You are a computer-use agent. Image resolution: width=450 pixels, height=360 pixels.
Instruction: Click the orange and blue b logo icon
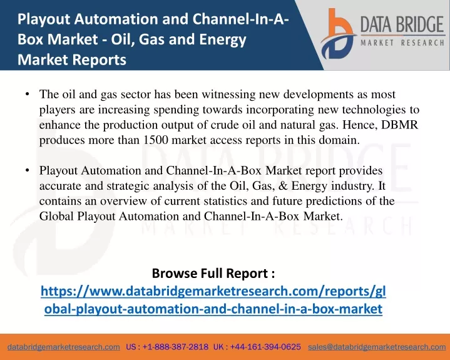click(338, 34)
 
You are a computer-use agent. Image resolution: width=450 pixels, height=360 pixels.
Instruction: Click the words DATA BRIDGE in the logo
click(402, 24)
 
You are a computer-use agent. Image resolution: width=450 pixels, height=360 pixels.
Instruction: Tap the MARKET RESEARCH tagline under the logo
click(402, 43)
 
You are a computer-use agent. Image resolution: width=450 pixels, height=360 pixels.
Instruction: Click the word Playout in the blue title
click(44, 19)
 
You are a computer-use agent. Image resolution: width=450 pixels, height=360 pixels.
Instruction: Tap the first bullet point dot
click(28, 94)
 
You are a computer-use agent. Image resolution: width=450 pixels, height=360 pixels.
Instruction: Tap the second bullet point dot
click(28, 170)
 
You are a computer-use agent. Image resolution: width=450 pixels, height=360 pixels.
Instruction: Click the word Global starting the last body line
click(56, 216)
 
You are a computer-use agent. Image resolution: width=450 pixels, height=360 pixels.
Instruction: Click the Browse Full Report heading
click(213, 273)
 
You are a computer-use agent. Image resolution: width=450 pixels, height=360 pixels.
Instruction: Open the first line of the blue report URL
click(213, 291)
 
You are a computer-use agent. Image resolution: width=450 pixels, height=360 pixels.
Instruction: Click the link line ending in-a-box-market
click(213, 309)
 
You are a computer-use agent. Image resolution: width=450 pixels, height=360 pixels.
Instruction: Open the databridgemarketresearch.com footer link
click(64, 347)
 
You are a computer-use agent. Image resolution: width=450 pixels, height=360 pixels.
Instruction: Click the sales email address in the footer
click(377, 347)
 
